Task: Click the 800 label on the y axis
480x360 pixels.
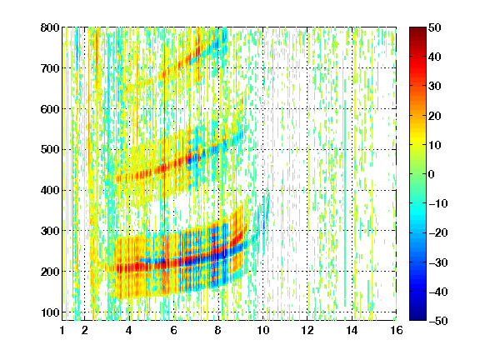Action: [x=50, y=27]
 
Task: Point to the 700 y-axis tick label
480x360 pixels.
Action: [x=50, y=68]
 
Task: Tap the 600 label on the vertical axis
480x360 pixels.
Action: [x=50, y=109]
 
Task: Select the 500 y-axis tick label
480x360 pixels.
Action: [x=50, y=150]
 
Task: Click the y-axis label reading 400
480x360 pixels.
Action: [x=50, y=190]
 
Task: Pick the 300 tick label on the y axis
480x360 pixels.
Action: [x=50, y=231]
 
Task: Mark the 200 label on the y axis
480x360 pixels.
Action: [x=50, y=272]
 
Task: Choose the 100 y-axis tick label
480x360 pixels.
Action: [x=50, y=312]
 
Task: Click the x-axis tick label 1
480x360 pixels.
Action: [x=62, y=330]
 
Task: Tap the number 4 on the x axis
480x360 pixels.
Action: [x=129, y=330]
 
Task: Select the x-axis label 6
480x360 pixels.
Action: [x=173, y=330]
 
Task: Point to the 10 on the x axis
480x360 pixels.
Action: [x=262, y=330]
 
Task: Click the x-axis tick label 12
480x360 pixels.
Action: [x=307, y=330]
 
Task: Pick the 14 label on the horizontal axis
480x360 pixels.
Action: [x=352, y=330]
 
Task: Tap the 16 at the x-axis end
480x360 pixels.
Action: [x=397, y=330]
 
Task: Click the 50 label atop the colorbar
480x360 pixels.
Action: [x=435, y=27]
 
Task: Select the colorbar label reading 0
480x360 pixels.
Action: [x=432, y=174]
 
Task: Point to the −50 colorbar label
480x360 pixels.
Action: [x=438, y=321]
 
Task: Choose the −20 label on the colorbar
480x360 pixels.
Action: [x=438, y=232]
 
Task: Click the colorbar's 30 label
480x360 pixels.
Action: [x=435, y=87]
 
